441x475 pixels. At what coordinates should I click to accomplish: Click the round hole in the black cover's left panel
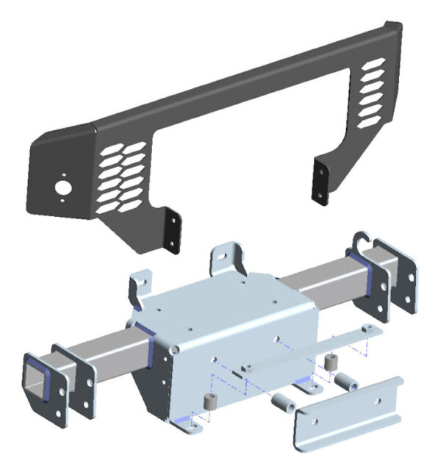pyautogui.click(x=64, y=188)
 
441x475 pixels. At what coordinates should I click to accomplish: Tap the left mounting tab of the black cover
pyautogui.click(x=173, y=229)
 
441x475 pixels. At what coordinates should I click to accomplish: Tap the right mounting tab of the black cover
pyautogui.click(x=320, y=180)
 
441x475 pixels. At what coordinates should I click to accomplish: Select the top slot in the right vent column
pyautogui.click(x=374, y=65)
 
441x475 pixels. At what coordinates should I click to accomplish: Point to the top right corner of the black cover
pyautogui.click(x=395, y=27)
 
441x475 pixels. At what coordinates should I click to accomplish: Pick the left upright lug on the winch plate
pyautogui.click(x=139, y=286)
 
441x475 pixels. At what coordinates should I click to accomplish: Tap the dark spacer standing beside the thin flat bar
pyautogui.click(x=330, y=362)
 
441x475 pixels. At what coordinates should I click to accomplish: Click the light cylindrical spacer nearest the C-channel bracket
pyautogui.click(x=283, y=405)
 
